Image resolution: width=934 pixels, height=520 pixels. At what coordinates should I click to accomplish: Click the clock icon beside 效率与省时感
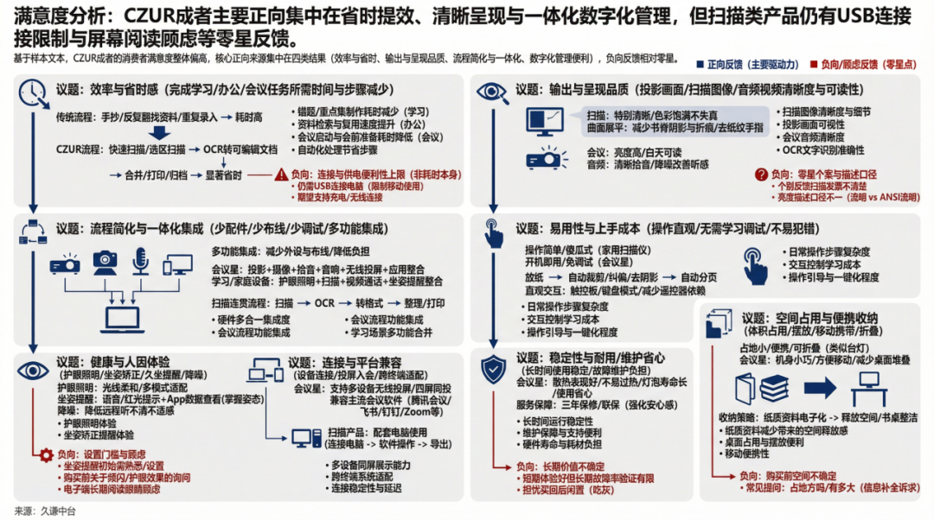(31, 92)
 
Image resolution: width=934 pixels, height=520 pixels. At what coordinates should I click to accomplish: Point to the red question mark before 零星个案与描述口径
(761, 174)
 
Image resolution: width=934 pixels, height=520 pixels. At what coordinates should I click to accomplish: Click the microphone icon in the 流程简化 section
(140, 261)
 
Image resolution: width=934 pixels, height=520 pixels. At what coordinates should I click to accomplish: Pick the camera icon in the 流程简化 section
(105, 261)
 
